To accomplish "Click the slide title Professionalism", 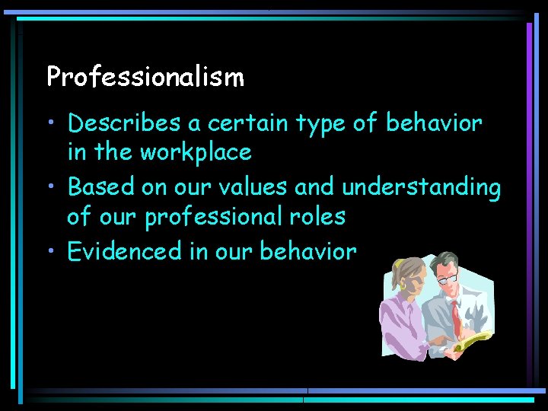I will click(145, 76).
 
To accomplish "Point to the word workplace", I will click(195, 153).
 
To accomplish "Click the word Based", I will click(99, 186).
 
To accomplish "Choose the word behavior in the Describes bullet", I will click(434, 122).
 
